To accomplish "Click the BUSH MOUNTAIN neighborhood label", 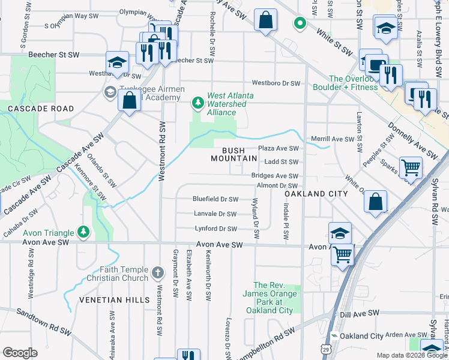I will coord(234,154).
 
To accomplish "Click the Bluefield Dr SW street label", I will coord(215,199).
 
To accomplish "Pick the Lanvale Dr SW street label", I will coord(215,214).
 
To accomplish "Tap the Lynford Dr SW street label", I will coord(215,229).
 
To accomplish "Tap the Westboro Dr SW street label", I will coord(276,83).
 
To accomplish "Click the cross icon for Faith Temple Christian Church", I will coord(158,273).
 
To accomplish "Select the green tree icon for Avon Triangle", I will coord(83,232).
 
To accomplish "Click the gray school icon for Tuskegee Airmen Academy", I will coord(110,92).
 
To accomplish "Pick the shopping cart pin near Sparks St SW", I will coord(411,167).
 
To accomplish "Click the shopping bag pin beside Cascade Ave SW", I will coord(129,100).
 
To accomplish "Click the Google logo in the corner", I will coord(20,352).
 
